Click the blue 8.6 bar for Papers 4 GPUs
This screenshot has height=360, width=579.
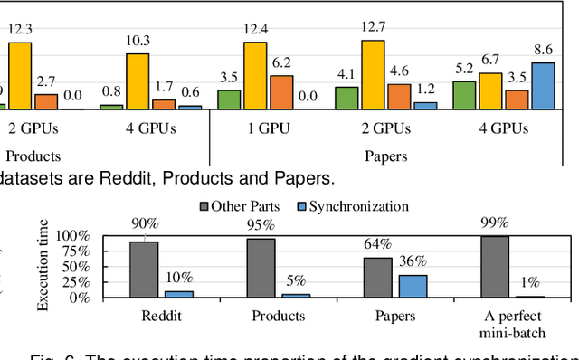click(543, 86)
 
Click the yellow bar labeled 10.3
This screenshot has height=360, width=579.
click(138, 81)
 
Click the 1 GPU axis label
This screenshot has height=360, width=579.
click(268, 129)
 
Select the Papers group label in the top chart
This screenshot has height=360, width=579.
click(387, 155)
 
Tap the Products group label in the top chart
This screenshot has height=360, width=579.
click(33, 155)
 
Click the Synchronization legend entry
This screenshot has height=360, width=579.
click(352, 206)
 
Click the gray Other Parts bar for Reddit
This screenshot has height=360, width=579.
click(145, 269)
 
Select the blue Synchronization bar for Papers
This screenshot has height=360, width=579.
click(413, 286)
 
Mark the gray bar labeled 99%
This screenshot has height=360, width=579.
click(494, 266)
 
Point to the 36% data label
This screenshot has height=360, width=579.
click(413, 262)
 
